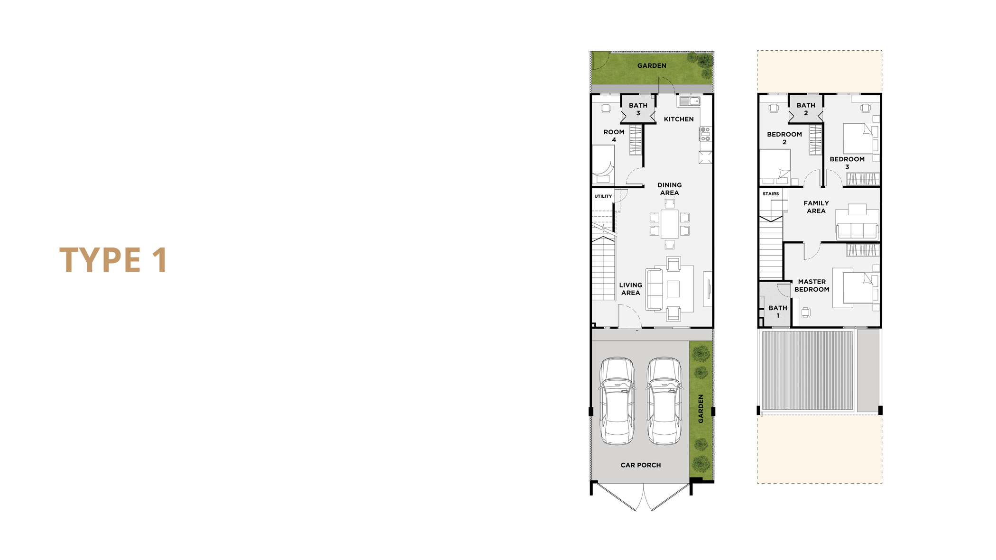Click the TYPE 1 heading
pos(113,260)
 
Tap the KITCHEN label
pos(679,119)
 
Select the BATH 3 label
pos(638,109)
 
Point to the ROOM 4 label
pos(614,136)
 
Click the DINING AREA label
pos(669,189)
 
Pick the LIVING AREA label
pos(630,289)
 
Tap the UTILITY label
pos(603,196)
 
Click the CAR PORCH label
pos(640,465)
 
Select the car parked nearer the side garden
pos(664,401)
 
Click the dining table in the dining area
pos(669,224)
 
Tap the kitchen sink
pos(690,101)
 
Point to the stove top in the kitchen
pos(705,134)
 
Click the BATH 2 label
pos(806,109)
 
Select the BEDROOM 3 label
pos(847,163)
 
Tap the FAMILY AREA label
pos(816,207)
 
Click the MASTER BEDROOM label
pos(812,285)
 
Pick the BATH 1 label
pos(778,312)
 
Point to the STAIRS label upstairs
pos(771,193)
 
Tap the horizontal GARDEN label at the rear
pos(652,65)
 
